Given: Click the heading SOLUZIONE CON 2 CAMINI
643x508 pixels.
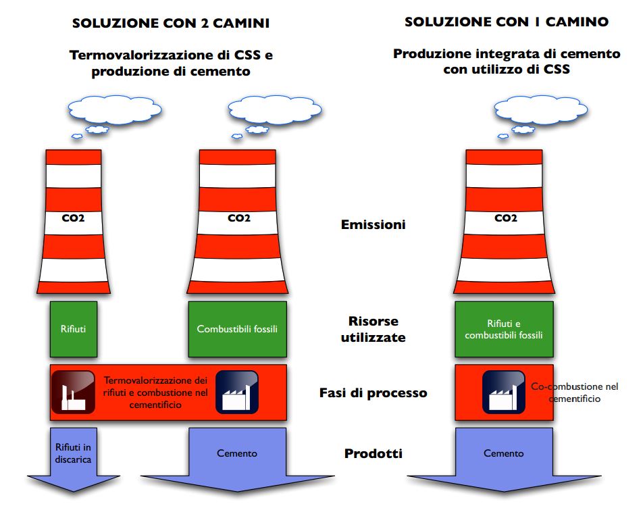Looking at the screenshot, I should pos(170,24).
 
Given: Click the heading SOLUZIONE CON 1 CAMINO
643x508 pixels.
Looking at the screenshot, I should pos(507,22).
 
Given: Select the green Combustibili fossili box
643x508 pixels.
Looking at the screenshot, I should pos(237,330).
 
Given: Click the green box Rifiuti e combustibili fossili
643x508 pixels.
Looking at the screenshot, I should pos(504,330).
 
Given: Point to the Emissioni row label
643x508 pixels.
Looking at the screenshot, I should pos(373,224).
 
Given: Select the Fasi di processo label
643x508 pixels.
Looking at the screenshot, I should pos(373,392).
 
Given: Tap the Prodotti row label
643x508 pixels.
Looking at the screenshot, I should pos(373,453).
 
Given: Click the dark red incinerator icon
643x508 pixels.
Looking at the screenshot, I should pos(73,392).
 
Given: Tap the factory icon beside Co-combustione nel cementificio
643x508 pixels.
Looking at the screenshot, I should pos(504,392).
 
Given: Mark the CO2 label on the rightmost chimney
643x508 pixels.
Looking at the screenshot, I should pos(505,218).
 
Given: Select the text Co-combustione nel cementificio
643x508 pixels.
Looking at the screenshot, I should pos(574,392).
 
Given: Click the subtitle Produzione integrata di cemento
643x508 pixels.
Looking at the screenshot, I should pos(507,54).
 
